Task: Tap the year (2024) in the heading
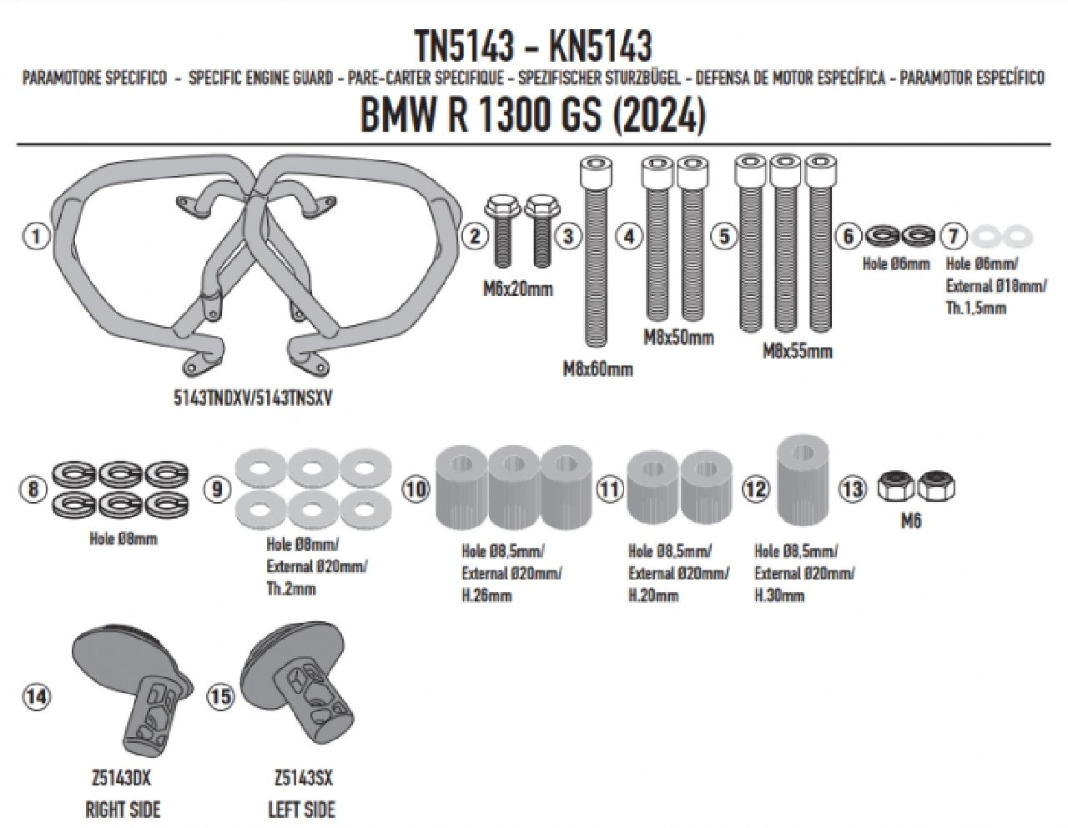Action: tap(659, 116)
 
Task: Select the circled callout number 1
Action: tap(34, 237)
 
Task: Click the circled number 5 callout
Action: tap(723, 236)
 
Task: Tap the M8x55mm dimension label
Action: tap(797, 351)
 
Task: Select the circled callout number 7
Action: tap(954, 236)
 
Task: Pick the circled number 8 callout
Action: tap(33, 489)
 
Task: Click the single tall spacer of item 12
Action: tap(803, 481)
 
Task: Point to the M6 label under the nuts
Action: tap(911, 524)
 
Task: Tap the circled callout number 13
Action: tap(853, 489)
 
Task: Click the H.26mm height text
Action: tap(487, 595)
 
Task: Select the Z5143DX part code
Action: tap(123, 779)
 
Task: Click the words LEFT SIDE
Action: tap(301, 809)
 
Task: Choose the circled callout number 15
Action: tap(221, 698)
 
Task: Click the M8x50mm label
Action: tap(678, 338)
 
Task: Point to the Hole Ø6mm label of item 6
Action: tap(895, 264)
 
